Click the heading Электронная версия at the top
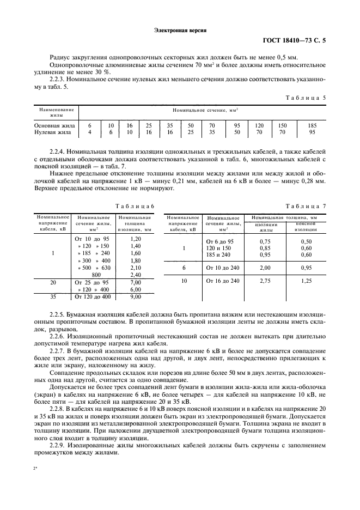(x=180, y=31)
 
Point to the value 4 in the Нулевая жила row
(x=90, y=132)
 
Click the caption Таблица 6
(x=134, y=206)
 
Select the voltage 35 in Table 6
(x=53, y=297)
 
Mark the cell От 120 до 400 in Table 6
(x=91, y=297)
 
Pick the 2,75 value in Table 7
(x=266, y=281)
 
